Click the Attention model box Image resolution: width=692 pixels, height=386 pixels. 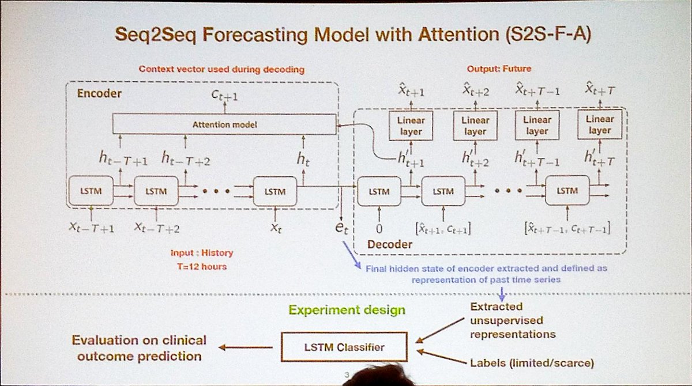point(224,124)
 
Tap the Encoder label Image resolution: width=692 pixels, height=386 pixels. point(96,93)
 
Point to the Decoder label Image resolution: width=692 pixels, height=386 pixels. point(390,245)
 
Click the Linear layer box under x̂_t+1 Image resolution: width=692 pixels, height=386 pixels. point(411,126)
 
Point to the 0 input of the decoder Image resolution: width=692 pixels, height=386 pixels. point(379,228)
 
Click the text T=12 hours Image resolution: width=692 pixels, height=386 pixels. point(202,266)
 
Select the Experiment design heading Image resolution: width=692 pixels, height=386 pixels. point(347,310)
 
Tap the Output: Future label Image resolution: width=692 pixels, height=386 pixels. point(499,69)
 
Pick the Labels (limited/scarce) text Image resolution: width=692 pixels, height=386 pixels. point(531,362)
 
